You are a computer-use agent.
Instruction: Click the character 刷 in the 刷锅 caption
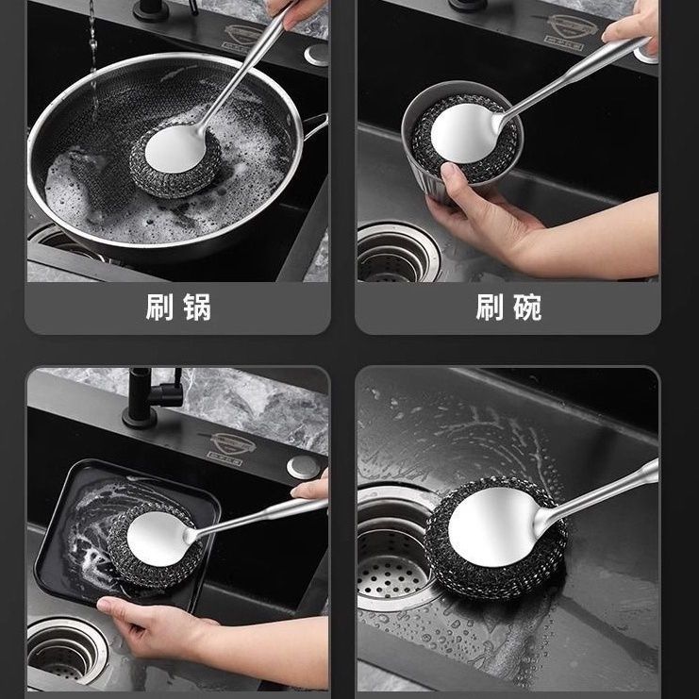[x=159, y=308]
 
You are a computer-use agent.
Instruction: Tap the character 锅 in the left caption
[x=197, y=308]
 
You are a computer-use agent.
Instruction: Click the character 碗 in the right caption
[x=527, y=308]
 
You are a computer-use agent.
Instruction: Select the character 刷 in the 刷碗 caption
[x=490, y=308]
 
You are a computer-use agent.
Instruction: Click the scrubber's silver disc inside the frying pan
[x=175, y=148]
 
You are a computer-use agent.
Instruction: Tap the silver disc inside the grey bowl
[x=464, y=133]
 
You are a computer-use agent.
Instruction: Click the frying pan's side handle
[x=315, y=126]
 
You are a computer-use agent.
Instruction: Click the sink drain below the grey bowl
[x=397, y=252]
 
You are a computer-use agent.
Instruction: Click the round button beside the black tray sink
[x=303, y=467]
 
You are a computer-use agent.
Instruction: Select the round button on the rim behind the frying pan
[x=317, y=55]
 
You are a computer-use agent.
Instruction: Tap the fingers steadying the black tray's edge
[x=310, y=490]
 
